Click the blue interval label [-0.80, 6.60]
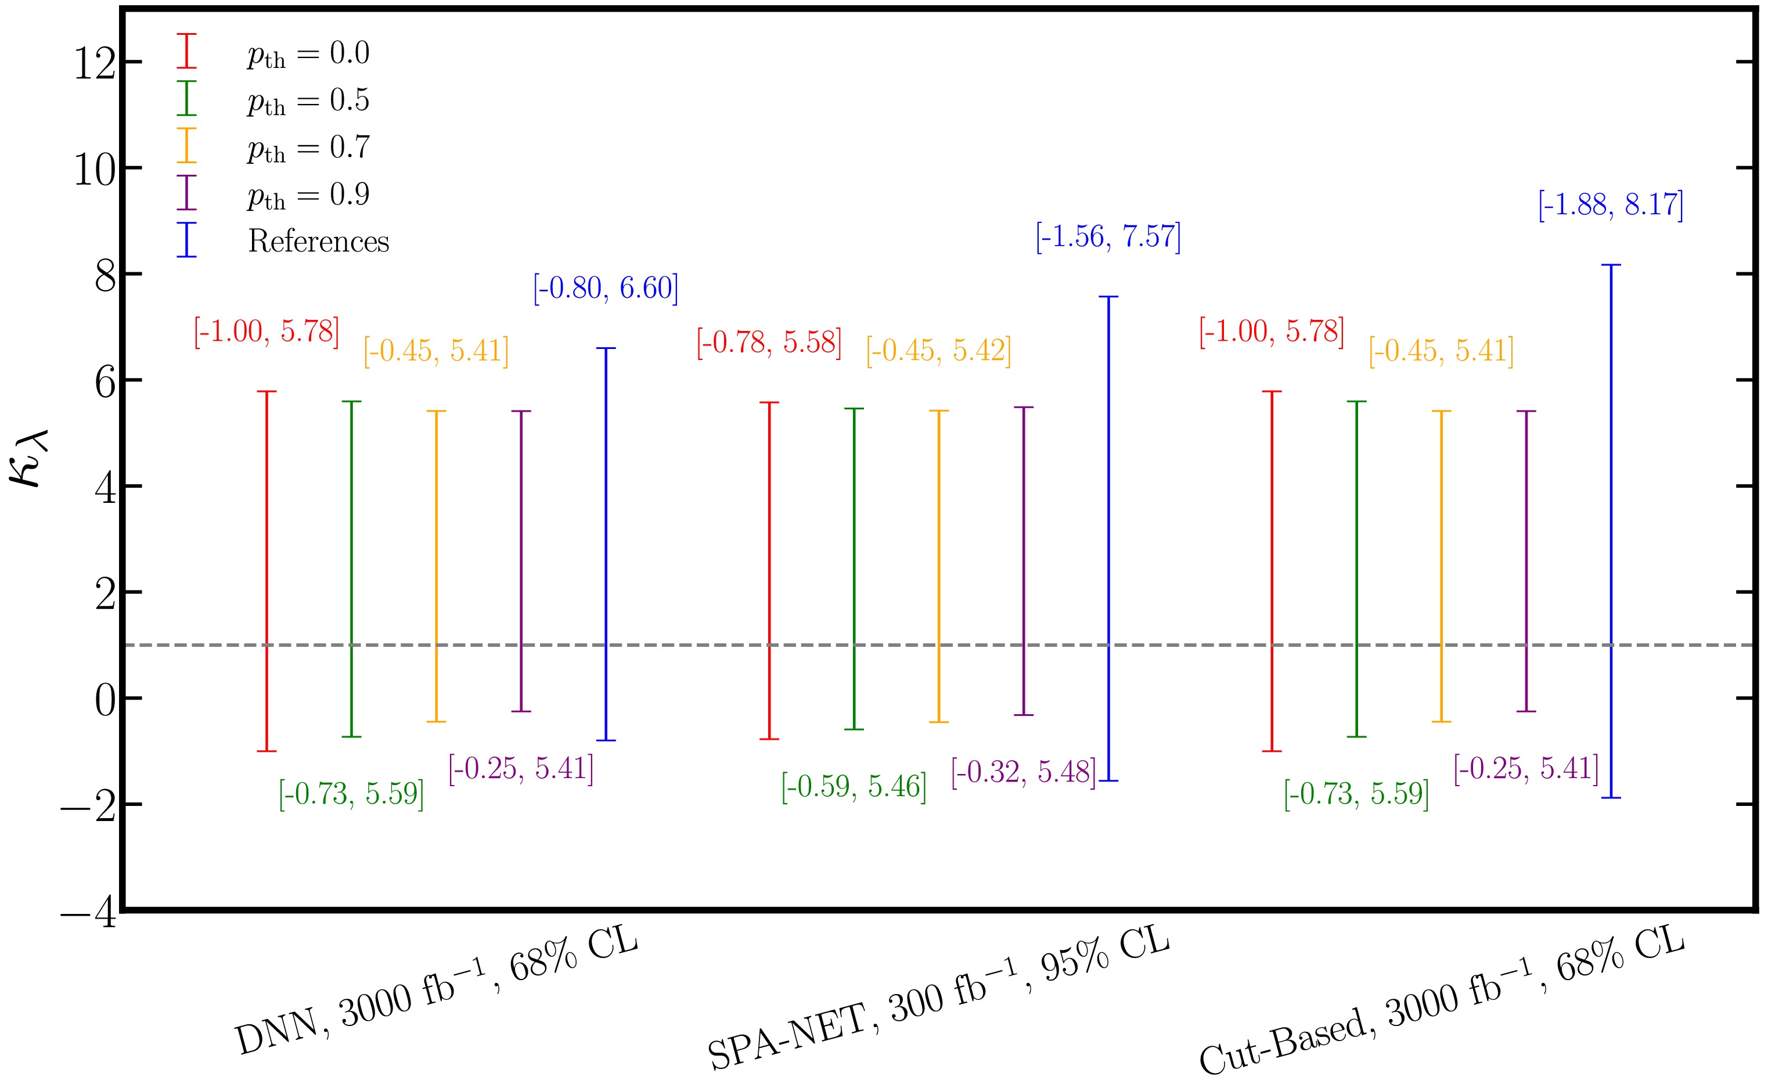pyautogui.click(x=605, y=289)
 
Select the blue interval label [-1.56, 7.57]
pyautogui.click(x=1108, y=237)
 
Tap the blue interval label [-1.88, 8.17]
pyautogui.click(x=1610, y=205)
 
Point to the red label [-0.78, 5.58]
pyautogui.click(x=769, y=343)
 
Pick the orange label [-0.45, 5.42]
pyautogui.click(x=938, y=351)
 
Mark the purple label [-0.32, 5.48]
pyautogui.click(x=1023, y=772)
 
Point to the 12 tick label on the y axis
pyautogui.click(x=95, y=64)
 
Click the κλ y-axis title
pyautogui.click(x=28, y=459)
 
